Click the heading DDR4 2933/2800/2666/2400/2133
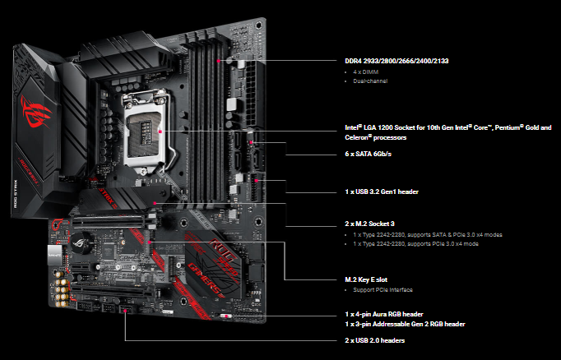coord(396,61)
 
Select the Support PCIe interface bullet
coord(382,290)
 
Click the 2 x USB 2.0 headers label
coord(374,340)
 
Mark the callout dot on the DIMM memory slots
coord(218,60)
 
